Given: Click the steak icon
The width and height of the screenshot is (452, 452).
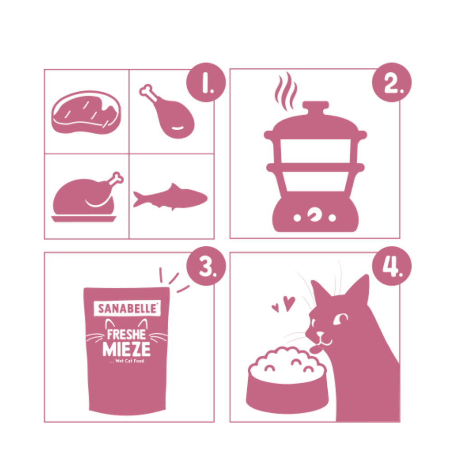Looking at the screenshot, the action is (x=86, y=113).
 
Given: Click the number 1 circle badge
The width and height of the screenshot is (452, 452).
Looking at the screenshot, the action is (x=206, y=82).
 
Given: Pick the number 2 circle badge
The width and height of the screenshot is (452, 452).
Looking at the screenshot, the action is (x=392, y=82).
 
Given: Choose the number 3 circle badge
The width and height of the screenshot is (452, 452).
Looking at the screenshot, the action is (x=206, y=266).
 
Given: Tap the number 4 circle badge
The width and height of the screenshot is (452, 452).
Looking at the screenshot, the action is (x=392, y=266).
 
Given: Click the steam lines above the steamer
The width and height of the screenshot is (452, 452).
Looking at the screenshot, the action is (x=285, y=91).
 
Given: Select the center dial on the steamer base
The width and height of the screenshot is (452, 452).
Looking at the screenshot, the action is (x=314, y=214).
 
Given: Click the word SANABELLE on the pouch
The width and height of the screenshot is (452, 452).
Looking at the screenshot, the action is (x=127, y=308).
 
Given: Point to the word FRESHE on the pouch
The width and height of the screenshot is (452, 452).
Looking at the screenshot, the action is (x=126, y=334).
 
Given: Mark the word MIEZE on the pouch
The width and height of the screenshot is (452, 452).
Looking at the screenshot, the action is (x=127, y=349).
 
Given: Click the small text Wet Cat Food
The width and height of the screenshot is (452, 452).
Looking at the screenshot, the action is (x=129, y=361).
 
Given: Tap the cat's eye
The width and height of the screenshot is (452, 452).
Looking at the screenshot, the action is (x=341, y=319).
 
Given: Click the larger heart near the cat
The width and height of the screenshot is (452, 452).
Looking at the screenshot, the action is (x=289, y=303).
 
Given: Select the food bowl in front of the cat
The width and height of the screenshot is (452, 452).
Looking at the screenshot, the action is (x=287, y=381).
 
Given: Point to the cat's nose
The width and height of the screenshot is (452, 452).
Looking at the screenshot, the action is (x=320, y=334).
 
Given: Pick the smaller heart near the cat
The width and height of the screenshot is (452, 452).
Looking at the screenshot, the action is (x=276, y=308).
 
